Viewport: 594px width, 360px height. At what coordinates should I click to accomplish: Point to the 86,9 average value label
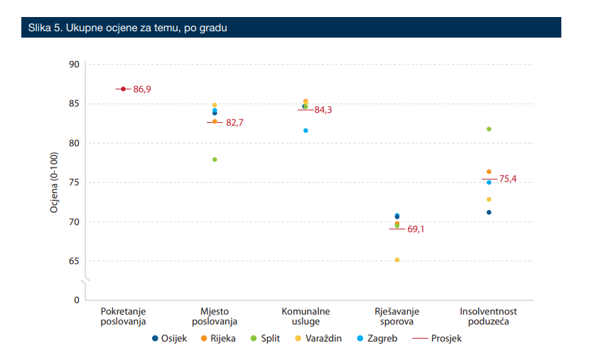click(x=142, y=89)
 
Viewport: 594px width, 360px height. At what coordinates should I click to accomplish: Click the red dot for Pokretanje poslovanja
click(x=124, y=89)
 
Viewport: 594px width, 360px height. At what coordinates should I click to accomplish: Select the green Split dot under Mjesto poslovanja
click(x=215, y=160)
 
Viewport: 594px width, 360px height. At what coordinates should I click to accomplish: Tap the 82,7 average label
click(x=234, y=123)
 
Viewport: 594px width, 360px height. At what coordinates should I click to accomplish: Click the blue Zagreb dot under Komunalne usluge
click(x=306, y=131)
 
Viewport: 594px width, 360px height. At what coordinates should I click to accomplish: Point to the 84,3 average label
click(x=323, y=110)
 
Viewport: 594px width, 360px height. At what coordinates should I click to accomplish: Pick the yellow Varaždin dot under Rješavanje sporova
click(x=397, y=260)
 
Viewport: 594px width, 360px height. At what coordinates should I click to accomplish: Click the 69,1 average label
click(x=416, y=229)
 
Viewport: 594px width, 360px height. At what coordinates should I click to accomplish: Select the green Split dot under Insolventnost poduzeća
click(x=489, y=129)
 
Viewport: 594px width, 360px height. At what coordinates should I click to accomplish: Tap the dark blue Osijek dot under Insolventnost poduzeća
click(x=489, y=212)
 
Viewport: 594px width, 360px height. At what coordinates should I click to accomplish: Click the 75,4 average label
click(x=507, y=179)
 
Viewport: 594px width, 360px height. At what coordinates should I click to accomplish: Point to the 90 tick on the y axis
click(x=74, y=65)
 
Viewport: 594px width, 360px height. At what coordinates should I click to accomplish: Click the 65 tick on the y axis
click(x=74, y=261)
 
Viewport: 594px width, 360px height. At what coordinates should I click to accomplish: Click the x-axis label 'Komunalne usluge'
click(x=306, y=317)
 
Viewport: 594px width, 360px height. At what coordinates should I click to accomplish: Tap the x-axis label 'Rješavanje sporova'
click(x=397, y=317)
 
